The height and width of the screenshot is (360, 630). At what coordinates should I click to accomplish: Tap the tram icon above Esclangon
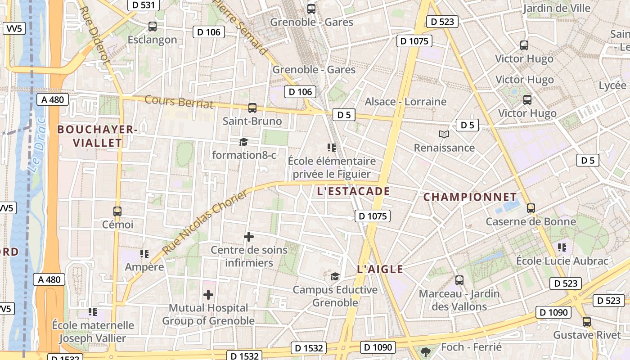(x=153, y=27)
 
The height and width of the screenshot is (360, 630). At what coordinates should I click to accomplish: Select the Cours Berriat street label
(x=179, y=102)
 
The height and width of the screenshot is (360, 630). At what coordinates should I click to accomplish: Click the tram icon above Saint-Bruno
(x=252, y=108)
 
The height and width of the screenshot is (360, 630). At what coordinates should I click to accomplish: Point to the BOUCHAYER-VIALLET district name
(x=97, y=136)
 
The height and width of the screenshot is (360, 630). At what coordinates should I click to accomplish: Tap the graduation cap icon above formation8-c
(x=243, y=142)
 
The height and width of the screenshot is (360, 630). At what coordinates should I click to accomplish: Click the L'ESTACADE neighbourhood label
(x=353, y=191)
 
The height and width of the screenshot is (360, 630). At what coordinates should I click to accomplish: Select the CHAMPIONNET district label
(x=470, y=197)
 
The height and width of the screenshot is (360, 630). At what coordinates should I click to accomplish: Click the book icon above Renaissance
(x=444, y=135)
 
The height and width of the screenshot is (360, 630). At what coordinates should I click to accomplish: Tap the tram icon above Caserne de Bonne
(x=531, y=208)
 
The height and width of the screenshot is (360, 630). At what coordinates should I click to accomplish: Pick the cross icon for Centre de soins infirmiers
(x=248, y=237)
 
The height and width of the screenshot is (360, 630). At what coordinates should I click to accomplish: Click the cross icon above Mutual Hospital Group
(x=208, y=295)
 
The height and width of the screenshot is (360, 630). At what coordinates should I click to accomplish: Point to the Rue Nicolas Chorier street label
(x=205, y=223)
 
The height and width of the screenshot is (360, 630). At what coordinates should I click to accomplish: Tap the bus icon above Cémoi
(x=117, y=211)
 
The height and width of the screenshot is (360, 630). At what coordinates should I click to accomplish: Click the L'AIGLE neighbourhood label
(x=380, y=270)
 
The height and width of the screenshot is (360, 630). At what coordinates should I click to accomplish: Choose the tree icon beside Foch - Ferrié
(x=425, y=351)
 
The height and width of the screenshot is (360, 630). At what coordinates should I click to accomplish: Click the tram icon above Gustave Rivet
(x=587, y=322)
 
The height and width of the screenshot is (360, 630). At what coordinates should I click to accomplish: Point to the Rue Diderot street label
(x=94, y=34)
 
